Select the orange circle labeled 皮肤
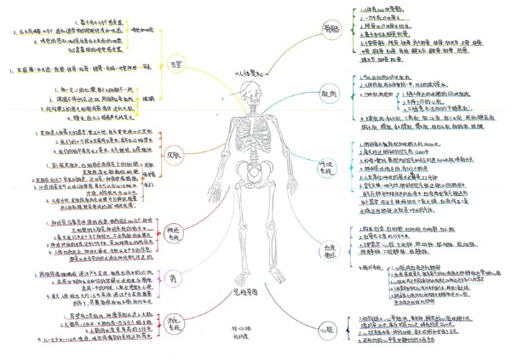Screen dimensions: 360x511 pos(174,156)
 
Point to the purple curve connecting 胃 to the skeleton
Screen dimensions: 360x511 pos(204,272)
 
